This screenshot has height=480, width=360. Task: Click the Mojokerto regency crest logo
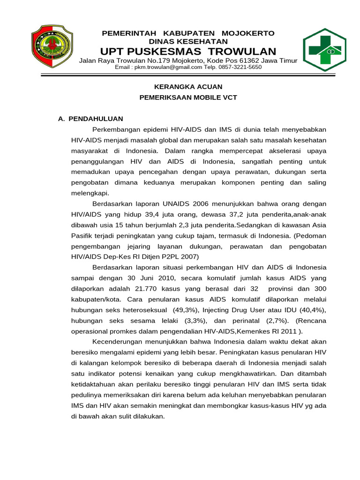[52, 46]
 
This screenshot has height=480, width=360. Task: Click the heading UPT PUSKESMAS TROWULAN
[188, 51]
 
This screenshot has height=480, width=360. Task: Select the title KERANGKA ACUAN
[188, 87]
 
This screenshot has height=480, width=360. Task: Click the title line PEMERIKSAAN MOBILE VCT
[188, 97]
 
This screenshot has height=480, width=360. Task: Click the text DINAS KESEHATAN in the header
[188, 41]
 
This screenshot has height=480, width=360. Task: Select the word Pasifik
[82, 236]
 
